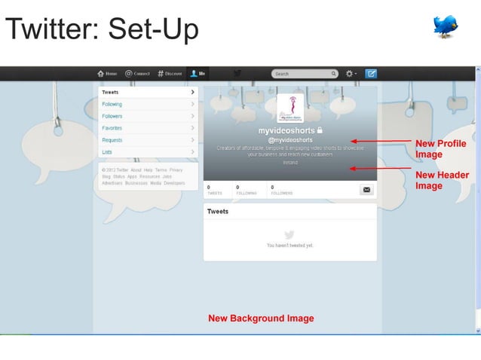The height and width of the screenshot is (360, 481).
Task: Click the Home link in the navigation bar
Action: pos(107,74)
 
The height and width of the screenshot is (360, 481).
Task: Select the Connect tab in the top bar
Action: pos(138,74)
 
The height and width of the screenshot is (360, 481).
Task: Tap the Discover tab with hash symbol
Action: pos(170,74)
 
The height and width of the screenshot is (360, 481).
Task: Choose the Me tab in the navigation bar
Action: pos(199,74)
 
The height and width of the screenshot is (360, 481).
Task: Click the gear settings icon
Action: pos(350,74)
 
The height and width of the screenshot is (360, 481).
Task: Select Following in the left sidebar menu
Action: pos(112,105)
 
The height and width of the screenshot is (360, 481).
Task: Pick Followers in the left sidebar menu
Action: pos(112,117)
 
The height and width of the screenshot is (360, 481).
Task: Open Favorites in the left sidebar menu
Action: pos(112,128)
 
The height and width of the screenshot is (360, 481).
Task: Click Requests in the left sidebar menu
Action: pos(112,140)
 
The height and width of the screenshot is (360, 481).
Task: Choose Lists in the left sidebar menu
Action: pos(107,152)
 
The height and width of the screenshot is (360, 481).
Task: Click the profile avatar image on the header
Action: pos(290,108)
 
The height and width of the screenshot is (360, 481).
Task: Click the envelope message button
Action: pos(367,190)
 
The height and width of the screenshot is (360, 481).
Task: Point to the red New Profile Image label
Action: pos(440,148)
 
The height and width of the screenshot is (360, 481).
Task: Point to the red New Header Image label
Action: pos(442,180)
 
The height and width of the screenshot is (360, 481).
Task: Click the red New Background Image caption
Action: pos(261,319)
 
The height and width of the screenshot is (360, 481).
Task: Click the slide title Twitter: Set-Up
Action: pos(102,29)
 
